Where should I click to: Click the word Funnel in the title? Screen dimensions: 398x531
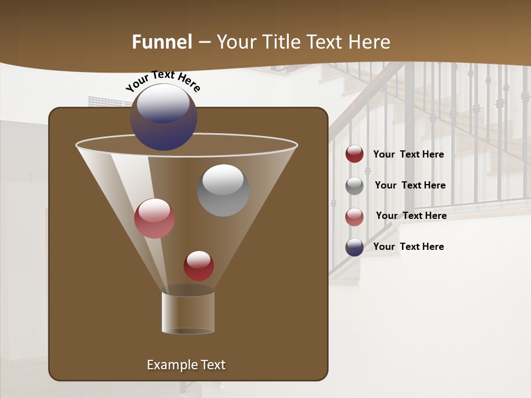coord(162,42)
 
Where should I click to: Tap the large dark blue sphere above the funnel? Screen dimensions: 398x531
coord(164,118)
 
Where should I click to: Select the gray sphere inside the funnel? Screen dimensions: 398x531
coord(223,190)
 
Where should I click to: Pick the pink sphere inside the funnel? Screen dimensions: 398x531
coord(154,218)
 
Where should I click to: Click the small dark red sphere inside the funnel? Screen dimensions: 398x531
coord(199,266)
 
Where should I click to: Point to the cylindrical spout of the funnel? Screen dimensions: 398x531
coord(188,313)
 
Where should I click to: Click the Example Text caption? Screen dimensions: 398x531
coord(186,365)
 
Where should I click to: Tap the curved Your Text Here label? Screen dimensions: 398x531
coord(163,80)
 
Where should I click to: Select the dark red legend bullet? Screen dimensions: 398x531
coord(355,154)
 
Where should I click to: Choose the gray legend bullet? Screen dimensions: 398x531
coord(355,186)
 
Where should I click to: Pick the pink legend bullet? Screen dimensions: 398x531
coord(355,217)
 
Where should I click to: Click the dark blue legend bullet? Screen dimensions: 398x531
coord(355,247)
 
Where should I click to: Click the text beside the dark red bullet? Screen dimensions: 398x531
coord(408,155)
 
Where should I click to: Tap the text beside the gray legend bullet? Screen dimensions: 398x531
coord(410,186)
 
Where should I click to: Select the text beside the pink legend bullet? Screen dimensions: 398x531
coord(411,216)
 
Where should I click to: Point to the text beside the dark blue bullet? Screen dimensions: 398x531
coord(408,247)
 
